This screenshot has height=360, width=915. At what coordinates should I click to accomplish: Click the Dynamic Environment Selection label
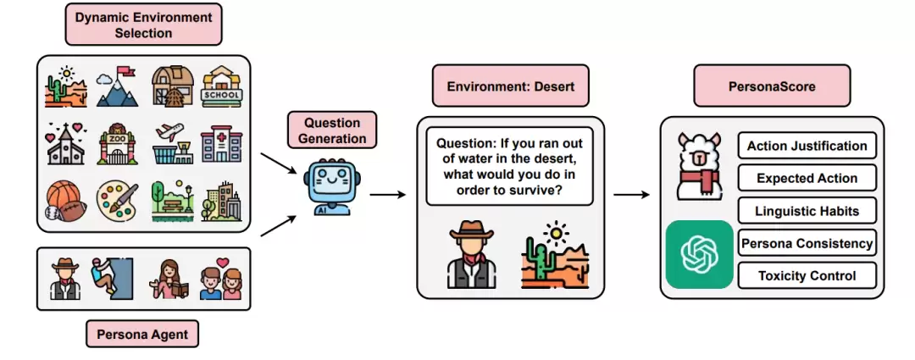coord(143,24)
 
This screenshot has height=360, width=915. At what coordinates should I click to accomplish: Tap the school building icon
coord(222,86)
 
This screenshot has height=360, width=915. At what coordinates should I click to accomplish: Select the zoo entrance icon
coord(118,143)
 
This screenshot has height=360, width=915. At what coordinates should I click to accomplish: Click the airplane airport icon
coord(169,143)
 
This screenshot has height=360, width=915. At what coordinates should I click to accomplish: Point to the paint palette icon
coord(117,202)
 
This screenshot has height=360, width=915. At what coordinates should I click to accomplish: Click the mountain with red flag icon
coord(117,87)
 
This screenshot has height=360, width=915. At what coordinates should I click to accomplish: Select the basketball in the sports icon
coord(61,196)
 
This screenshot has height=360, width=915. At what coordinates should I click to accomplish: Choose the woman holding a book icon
coord(169,280)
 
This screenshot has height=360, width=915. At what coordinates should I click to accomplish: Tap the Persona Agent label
coord(142,335)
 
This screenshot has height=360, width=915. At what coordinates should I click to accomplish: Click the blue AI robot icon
coord(327,186)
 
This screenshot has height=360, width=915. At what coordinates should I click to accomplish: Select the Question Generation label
coord(331,130)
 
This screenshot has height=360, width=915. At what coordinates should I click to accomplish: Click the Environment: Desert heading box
coord(511,86)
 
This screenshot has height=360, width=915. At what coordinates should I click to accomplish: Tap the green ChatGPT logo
coord(699,254)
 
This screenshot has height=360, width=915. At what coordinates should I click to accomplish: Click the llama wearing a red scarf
coord(699,166)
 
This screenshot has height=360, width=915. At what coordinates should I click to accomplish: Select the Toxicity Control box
coord(807,275)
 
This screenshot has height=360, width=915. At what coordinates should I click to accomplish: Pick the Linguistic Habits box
coord(807,211)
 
